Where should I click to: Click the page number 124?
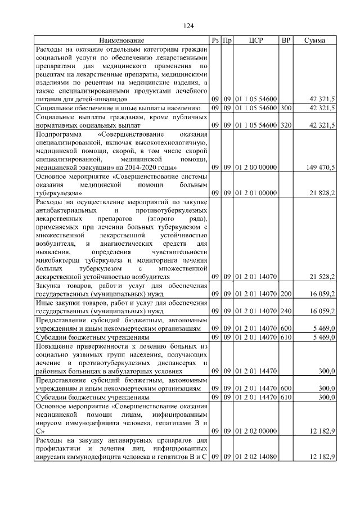(188, 26)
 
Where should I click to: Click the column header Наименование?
(122, 40)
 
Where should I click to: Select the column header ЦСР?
(255, 40)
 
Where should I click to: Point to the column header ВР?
(286, 40)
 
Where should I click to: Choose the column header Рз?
(215, 40)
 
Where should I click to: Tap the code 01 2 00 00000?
(255, 168)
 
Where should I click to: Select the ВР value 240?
(286, 310)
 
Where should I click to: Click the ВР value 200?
(286, 294)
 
